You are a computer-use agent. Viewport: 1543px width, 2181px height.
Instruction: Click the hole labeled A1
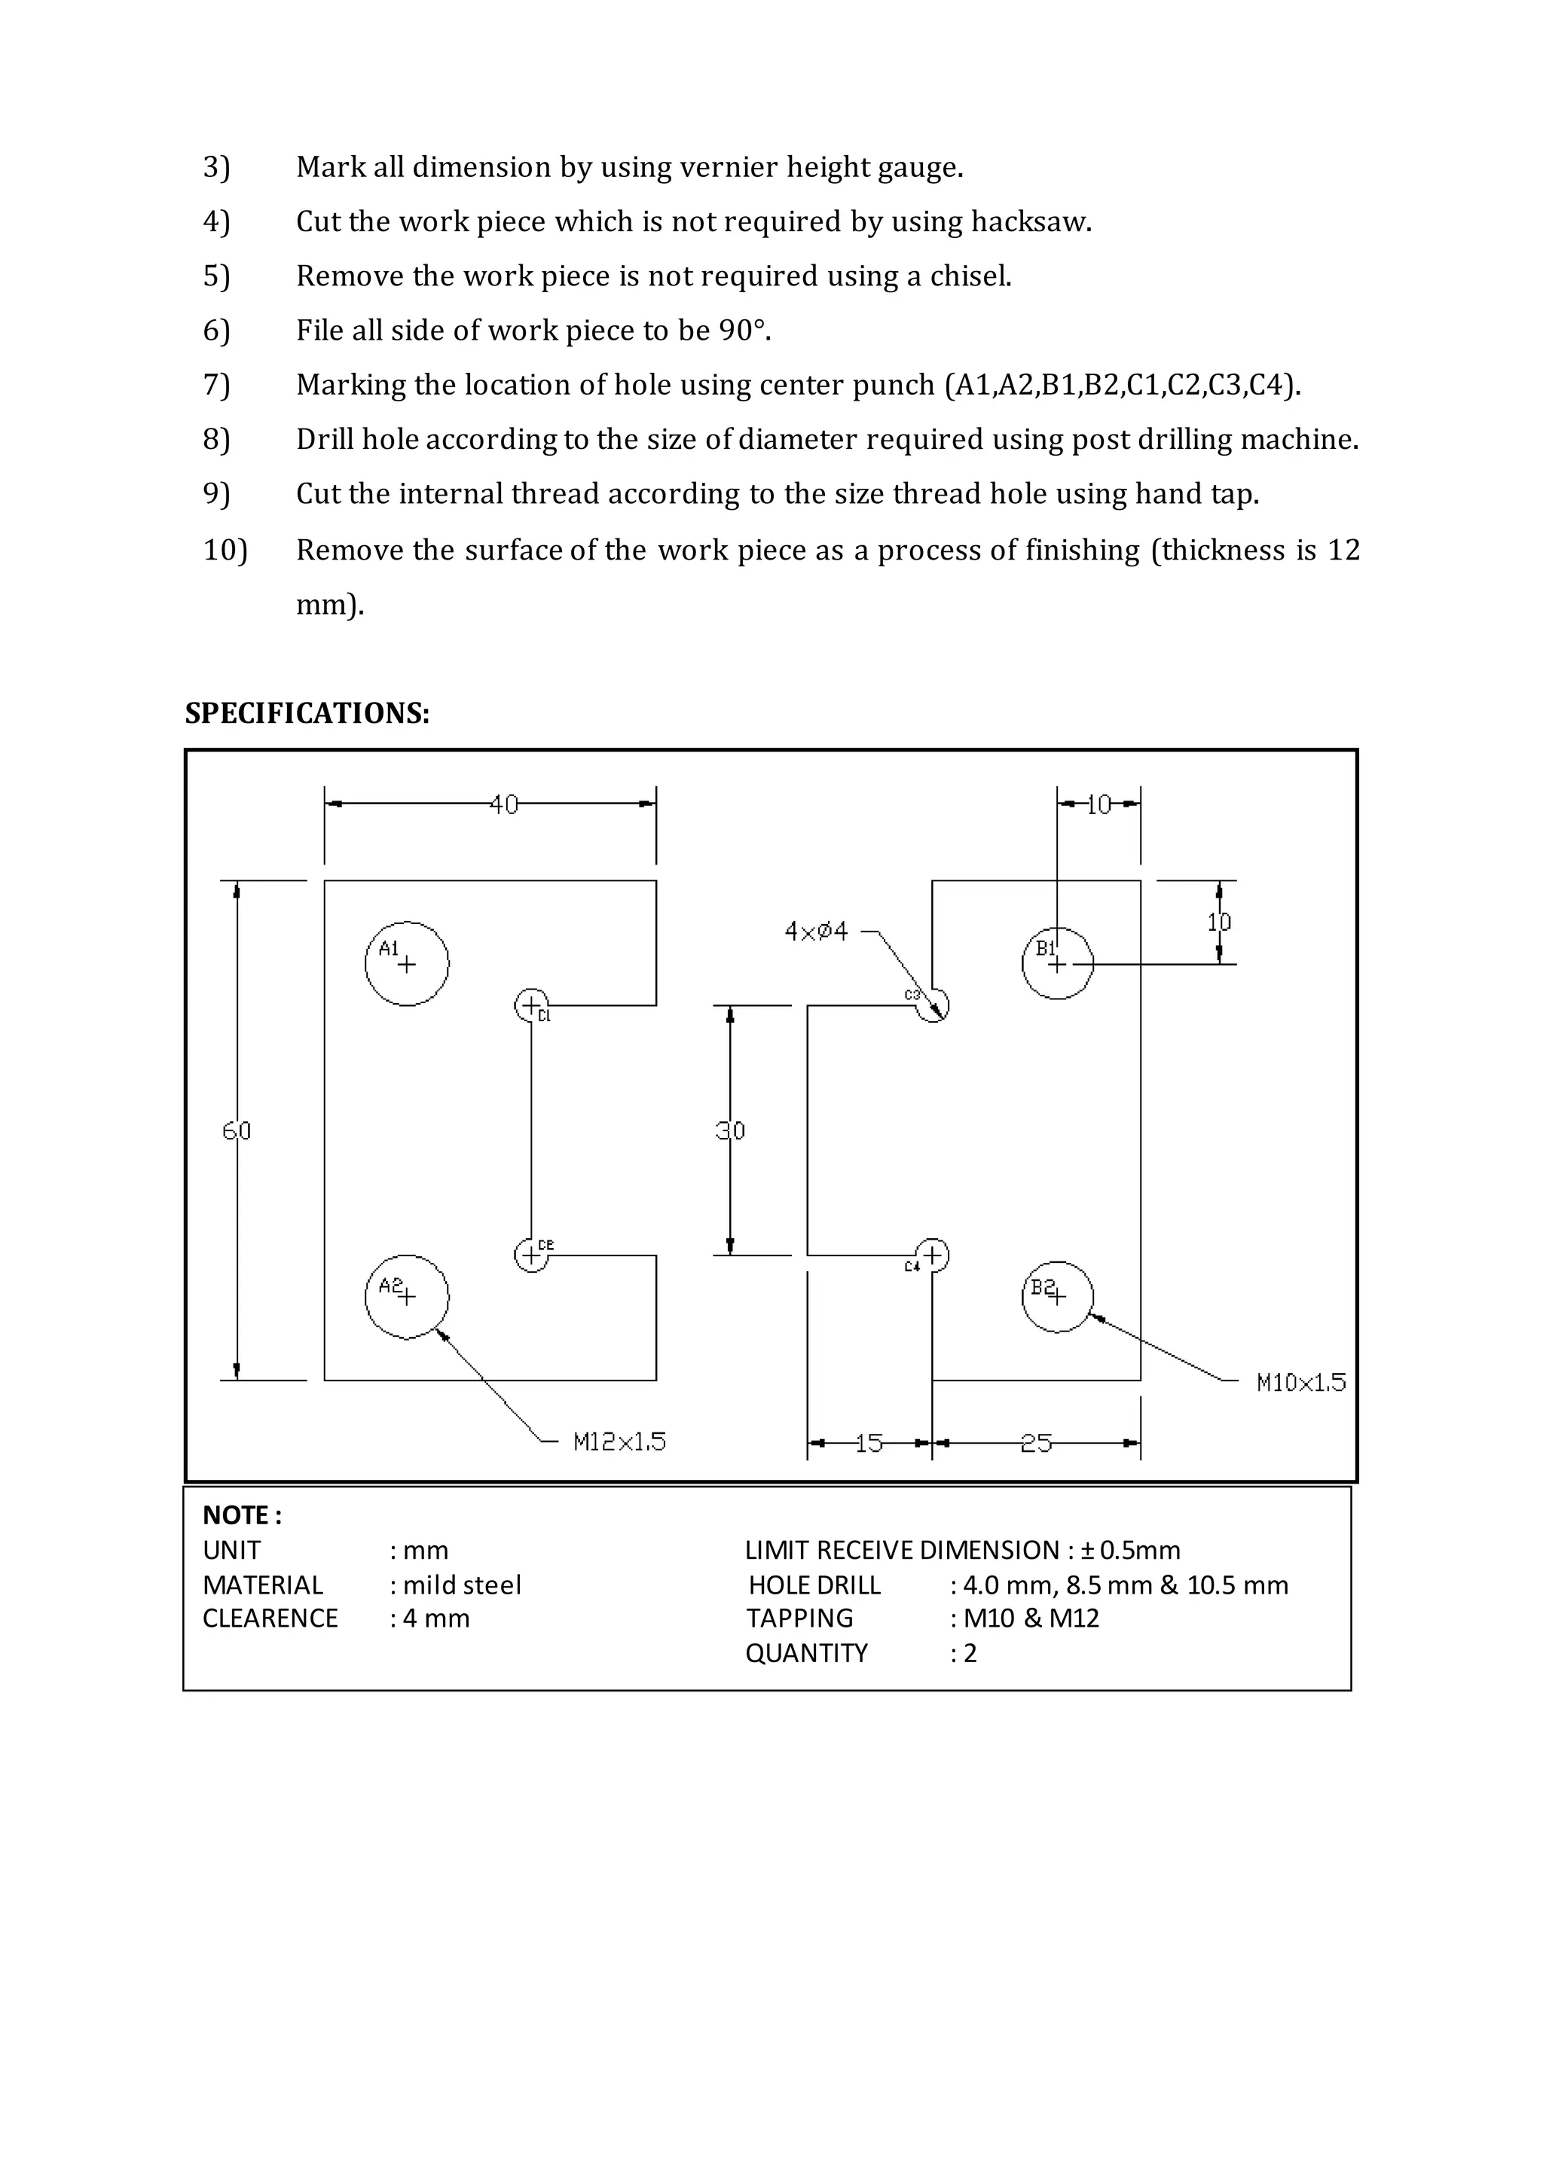point(407,963)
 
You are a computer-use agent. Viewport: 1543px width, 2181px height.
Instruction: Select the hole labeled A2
point(407,1297)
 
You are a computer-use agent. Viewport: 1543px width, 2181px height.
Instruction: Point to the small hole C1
point(532,1005)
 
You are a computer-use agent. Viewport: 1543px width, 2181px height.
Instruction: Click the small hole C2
point(532,1255)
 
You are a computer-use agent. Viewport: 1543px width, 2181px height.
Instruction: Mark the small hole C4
point(932,1255)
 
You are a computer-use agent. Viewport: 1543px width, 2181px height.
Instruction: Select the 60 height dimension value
point(237,1130)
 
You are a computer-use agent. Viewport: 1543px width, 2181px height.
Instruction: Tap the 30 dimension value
point(730,1130)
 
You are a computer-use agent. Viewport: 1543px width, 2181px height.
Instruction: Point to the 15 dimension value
point(869,1444)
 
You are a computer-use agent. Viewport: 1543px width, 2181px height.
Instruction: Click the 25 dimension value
point(1036,1444)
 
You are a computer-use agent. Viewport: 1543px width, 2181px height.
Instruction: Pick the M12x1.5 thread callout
point(619,1442)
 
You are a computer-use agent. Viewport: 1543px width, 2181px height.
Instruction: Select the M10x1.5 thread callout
point(1300,1382)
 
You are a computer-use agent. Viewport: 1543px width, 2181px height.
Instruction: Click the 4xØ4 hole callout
point(816,931)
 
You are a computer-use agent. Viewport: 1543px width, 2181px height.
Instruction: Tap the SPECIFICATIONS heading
point(307,713)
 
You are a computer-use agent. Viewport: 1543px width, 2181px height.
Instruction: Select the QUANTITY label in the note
point(807,1653)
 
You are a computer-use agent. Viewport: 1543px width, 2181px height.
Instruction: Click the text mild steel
point(462,1585)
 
